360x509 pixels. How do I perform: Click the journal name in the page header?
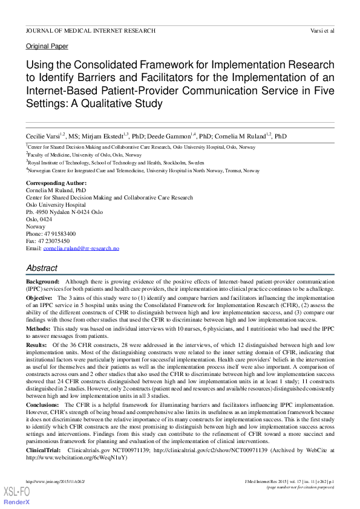click(x=90, y=30)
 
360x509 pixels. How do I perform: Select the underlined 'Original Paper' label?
click(x=47, y=47)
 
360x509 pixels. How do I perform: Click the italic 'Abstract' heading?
click(x=42, y=268)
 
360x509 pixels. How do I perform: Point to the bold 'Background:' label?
click(x=42, y=282)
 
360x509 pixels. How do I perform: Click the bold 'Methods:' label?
click(x=38, y=329)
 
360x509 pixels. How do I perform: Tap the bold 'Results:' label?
click(x=36, y=345)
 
